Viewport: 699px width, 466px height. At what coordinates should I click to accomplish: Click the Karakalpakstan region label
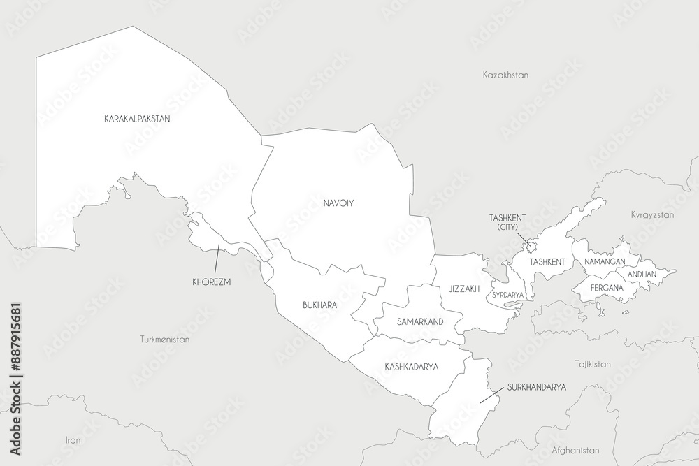click(138, 119)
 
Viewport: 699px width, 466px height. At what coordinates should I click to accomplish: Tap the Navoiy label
click(338, 203)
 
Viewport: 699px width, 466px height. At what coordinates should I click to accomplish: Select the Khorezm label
click(211, 282)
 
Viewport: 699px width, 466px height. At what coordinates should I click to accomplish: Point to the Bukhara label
click(320, 305)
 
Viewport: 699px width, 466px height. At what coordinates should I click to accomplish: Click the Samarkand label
click(420, 321)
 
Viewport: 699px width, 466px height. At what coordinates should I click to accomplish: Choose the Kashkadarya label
click(411, 366)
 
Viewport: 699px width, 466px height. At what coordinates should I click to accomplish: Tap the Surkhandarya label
click(537, 386)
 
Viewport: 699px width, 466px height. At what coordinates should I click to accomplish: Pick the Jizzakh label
click(465, 288)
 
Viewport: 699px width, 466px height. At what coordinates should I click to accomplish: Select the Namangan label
click(605, 261)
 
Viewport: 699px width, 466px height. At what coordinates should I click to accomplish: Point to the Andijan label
click(642, 275)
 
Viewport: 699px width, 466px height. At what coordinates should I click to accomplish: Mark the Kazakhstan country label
click(505, 74)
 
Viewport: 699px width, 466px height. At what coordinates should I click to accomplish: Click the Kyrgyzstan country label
click(652, 215)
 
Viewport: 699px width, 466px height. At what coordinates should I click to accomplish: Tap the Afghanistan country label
click(575, 451)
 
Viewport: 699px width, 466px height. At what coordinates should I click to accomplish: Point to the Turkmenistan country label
click(165, 339)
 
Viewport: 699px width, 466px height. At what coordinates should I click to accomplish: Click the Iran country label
click(73, 440)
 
